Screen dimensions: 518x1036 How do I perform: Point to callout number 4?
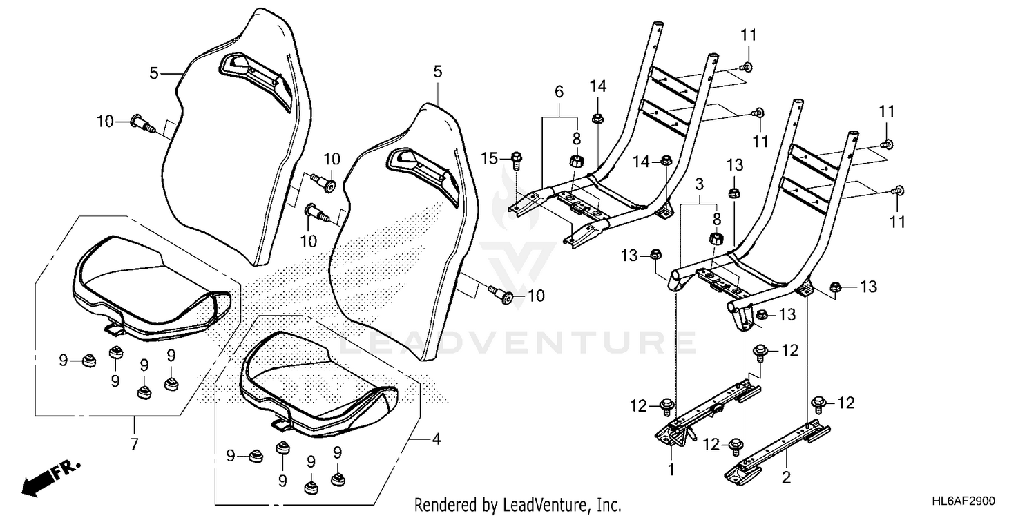click(x=437, y=438)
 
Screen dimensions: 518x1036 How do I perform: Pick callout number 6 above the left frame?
click(x=559, y=92)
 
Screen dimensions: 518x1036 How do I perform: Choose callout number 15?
click(x=489, y=159)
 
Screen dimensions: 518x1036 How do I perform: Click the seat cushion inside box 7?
click(x=148, y=283)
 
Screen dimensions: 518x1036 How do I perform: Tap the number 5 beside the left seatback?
click(x=155, y=72)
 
